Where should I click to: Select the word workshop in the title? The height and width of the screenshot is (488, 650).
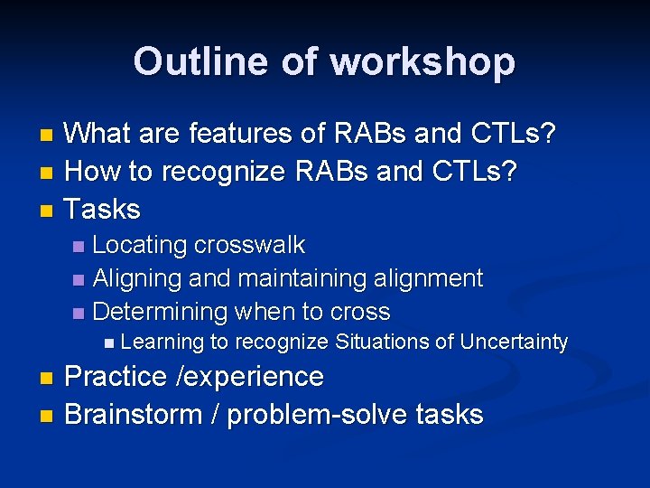[x=422, y=61]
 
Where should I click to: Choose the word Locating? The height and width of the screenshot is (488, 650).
[x=140, y=245]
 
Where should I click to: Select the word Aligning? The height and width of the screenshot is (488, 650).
[x=137, y=278]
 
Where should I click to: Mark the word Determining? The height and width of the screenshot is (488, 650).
[x=160, y=312]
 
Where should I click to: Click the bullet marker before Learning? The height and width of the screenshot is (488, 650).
[x=109, y=343]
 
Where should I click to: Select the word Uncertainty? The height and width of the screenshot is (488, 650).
[x=514, y=342]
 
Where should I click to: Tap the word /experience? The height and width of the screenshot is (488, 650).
[x=252, y=376]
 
